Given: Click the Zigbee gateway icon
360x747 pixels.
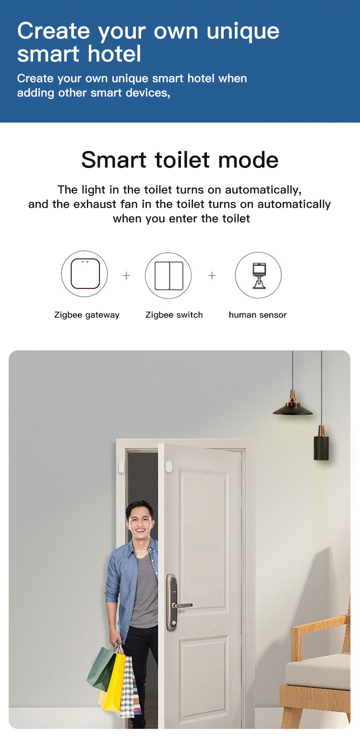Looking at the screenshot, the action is pyautogui.click(x=84, y=274).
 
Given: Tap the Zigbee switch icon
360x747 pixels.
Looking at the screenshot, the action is pyautogui.click(x=168, y=275).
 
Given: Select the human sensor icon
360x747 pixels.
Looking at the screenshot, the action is pyautogui.click(x=258, y=275).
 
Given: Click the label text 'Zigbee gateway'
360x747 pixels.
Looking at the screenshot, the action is pyautogui.click(x=87, y=315).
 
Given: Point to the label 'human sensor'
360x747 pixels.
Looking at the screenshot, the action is pyautogui.click(x=258, y=315).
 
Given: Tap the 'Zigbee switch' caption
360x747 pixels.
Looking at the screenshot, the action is pyautogui.click(x=174, y=315).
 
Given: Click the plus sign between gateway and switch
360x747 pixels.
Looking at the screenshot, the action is pyautogui.click(x=126, y=275).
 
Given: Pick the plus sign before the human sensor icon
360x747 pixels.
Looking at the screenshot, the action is pyautogui.click(x=212, y=275).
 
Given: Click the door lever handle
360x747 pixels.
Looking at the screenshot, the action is pyautogui.click(x=182, y=605).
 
